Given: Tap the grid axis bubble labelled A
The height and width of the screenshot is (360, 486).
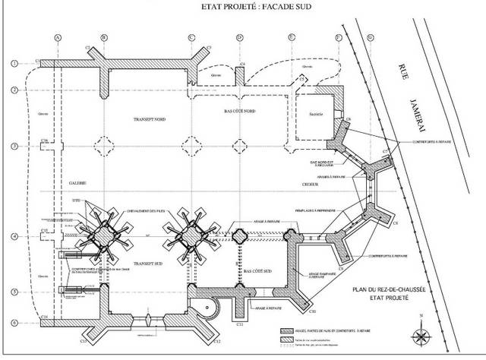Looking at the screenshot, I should click(x=58, y=37).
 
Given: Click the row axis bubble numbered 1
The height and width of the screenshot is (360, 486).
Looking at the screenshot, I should click(x=14, y=63).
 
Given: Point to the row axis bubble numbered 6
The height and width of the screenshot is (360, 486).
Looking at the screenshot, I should click(x=14, y=322).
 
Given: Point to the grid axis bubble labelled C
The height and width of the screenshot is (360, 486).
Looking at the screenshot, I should click(x=192, y=37).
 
